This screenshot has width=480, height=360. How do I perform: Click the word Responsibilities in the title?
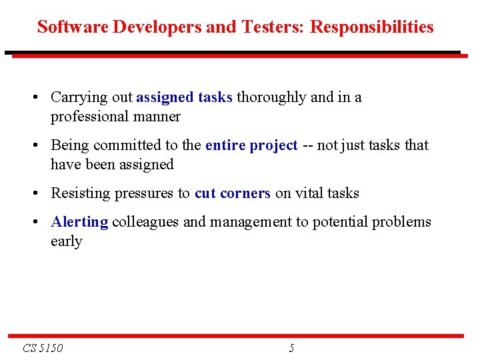click(x=372, y=27)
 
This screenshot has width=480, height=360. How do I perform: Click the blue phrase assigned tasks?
click(x=184, y=97)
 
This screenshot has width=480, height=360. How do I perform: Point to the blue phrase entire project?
click(x=251, y=145)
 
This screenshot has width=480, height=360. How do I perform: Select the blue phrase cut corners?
click(x=232, y=193)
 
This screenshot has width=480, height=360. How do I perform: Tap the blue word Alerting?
click(x=79, y=222)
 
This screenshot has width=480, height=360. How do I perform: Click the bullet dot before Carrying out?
click(x=34, y=98)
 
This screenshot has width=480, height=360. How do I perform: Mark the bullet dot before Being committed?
click(x=34, y=146)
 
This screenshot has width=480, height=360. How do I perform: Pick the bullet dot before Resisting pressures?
click(x=34, y=194)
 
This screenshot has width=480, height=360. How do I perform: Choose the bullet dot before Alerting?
click(x=34, y=223)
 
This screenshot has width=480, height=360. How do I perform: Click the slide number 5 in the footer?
click(x=291, y=348)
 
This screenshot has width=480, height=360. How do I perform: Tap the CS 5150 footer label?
click(x=43, y=348)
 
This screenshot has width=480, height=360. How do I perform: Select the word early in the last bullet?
click(x=66, y=241)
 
